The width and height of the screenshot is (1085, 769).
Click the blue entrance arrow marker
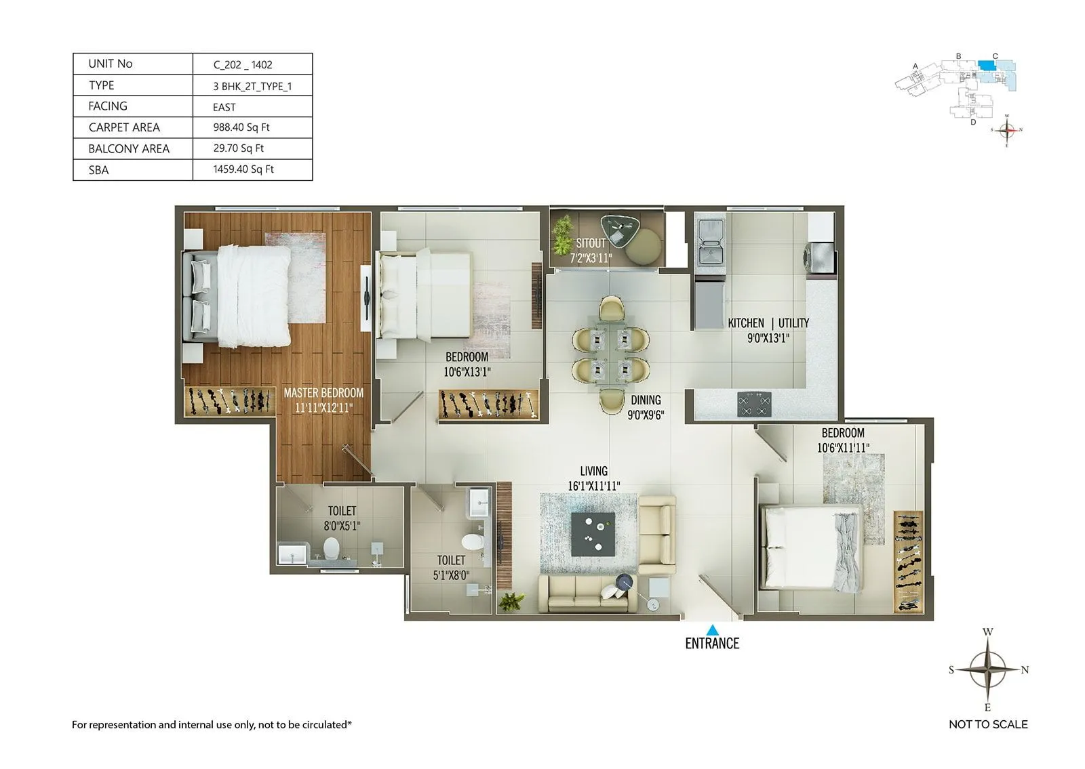(x=711, y=629)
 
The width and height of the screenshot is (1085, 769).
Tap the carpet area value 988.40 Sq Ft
(x=241, y=127)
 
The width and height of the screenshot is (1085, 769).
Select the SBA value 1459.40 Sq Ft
(x=243, y=169)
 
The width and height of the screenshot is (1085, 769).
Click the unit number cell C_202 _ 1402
(x=243, y=65)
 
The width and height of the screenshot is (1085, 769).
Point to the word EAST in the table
(x=224, y=107)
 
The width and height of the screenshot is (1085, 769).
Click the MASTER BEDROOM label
(x=323, y=393)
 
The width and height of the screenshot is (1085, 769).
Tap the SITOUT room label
(x=591, y=243)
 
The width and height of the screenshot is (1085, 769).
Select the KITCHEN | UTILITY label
(x=768, y=323)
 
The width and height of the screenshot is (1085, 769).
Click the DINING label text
(x=646, y=400)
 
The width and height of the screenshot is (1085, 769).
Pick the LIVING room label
(x=593, y=471)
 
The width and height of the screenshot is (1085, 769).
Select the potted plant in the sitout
(x=562, y=234)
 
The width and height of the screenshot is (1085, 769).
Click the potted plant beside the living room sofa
(x=511, y=601)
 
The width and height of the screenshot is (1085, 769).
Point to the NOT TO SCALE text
(x=988, y=724)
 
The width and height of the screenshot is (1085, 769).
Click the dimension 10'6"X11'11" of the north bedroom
(x=843, y=448)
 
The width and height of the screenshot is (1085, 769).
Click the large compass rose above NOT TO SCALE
(x=988, y=669)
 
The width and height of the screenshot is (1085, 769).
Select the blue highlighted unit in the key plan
(x=987, y=66)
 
